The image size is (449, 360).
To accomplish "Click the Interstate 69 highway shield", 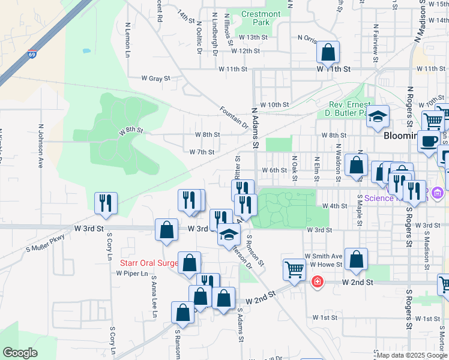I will click(31, 55).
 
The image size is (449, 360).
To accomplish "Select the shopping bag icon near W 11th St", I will click(328, 53).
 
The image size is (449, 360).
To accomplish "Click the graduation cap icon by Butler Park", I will click(378, 117).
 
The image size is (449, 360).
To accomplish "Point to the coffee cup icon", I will click(429, 142).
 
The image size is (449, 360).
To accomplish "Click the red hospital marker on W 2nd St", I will click(317, 281).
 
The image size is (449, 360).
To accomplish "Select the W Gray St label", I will click(156, 79).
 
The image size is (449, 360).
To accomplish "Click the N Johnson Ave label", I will click(41, 146).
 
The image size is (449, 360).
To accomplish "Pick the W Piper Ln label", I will click(132, 274).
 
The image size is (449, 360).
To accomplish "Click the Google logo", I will click(20, 353).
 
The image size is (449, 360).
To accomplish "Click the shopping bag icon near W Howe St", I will click(355, 259).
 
